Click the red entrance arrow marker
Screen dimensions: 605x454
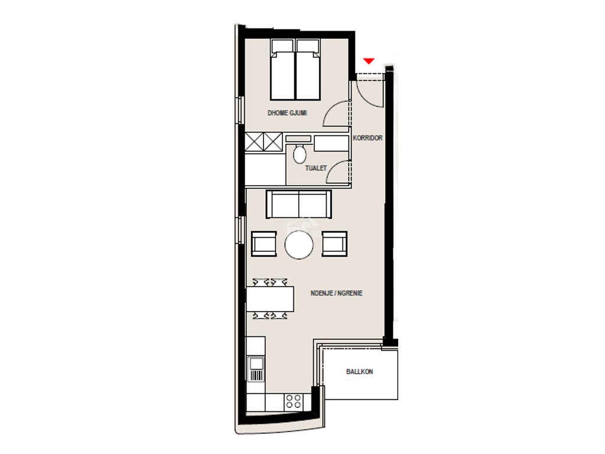(x=369, y=61)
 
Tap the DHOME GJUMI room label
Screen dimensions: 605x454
(x=287, y=113)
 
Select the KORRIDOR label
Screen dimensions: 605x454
(x=367, y=138)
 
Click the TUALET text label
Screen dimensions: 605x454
(x=315, y=168)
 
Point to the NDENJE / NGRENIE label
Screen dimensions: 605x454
(x=336, y=293)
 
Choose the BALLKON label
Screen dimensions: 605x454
(x=360, y=372)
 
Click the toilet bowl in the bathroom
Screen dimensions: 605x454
(x=300, y=154)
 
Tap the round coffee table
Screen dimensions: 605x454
(x=299, y=245)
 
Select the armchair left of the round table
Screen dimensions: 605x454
(x=264, y=244)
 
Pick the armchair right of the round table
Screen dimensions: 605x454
(x=334, y=244)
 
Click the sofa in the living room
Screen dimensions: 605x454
(x=298, y=204)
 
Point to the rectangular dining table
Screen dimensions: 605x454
(x=270, y=299)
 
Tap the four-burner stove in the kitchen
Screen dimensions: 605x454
(x=293, y=402)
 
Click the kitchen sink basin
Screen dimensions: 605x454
(x=256, y=364)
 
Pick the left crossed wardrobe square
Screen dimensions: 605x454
(x=254, y=142)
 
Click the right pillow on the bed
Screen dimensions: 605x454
(x=308, y=46)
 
